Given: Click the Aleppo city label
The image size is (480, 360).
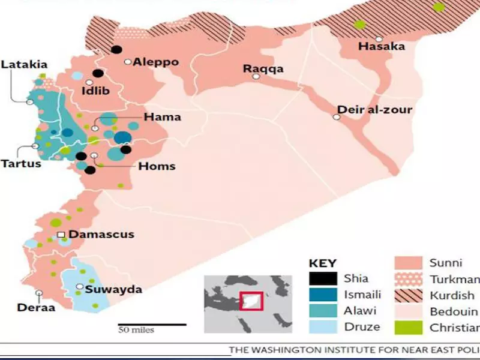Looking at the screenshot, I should (155, 62).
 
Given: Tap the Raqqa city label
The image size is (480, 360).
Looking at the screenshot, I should (263, 68).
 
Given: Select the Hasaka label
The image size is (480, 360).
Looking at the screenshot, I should (381, 46).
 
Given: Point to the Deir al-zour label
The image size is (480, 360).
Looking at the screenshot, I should (375, 110).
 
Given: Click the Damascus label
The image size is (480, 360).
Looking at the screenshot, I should (101, 235).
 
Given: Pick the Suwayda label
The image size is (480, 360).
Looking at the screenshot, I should (113, 289).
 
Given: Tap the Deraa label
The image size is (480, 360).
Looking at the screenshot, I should (36, 308).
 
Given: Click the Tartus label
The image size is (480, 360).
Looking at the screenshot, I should (21, 163).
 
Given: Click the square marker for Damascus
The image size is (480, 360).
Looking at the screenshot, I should (61, 235).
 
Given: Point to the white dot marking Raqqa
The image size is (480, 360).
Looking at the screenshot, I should (256, 77).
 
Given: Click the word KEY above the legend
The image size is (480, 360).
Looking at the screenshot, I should (322, 263).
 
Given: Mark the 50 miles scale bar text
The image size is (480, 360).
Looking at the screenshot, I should (136, 330).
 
